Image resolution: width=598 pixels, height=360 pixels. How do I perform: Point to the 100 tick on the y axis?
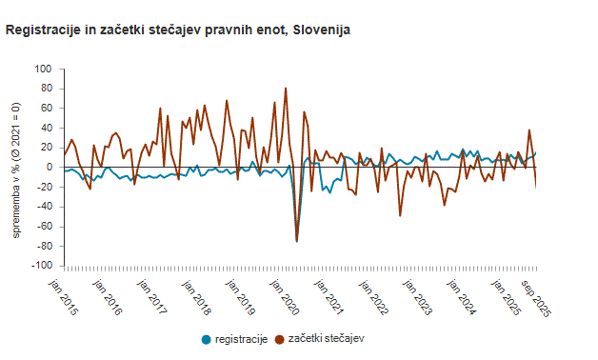[x=43, y=70]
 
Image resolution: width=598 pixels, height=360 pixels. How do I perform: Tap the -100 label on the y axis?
[x=41, y=266]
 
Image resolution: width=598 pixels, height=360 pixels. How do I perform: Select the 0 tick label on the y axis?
[x=49, y=168]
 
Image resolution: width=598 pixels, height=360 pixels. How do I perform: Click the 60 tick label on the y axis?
[x=46, y=109]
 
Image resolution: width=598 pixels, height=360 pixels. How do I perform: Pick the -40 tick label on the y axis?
[x=43, y=227]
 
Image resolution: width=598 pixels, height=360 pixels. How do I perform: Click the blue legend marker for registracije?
[x=207, y=338]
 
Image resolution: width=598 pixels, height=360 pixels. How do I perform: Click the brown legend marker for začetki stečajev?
[x=279, y=338]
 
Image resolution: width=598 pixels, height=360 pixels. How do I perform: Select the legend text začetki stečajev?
[x=326, y=338]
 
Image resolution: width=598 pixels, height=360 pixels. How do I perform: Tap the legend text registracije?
[x=241, y=338]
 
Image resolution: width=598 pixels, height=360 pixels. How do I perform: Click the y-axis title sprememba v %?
[x=16, y=167]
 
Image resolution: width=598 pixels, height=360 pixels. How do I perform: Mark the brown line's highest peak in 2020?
[x=286, y=89]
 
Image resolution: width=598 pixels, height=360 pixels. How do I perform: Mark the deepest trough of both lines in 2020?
[x=296, y=241]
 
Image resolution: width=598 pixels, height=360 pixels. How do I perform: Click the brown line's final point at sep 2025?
[x=536, y=186]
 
